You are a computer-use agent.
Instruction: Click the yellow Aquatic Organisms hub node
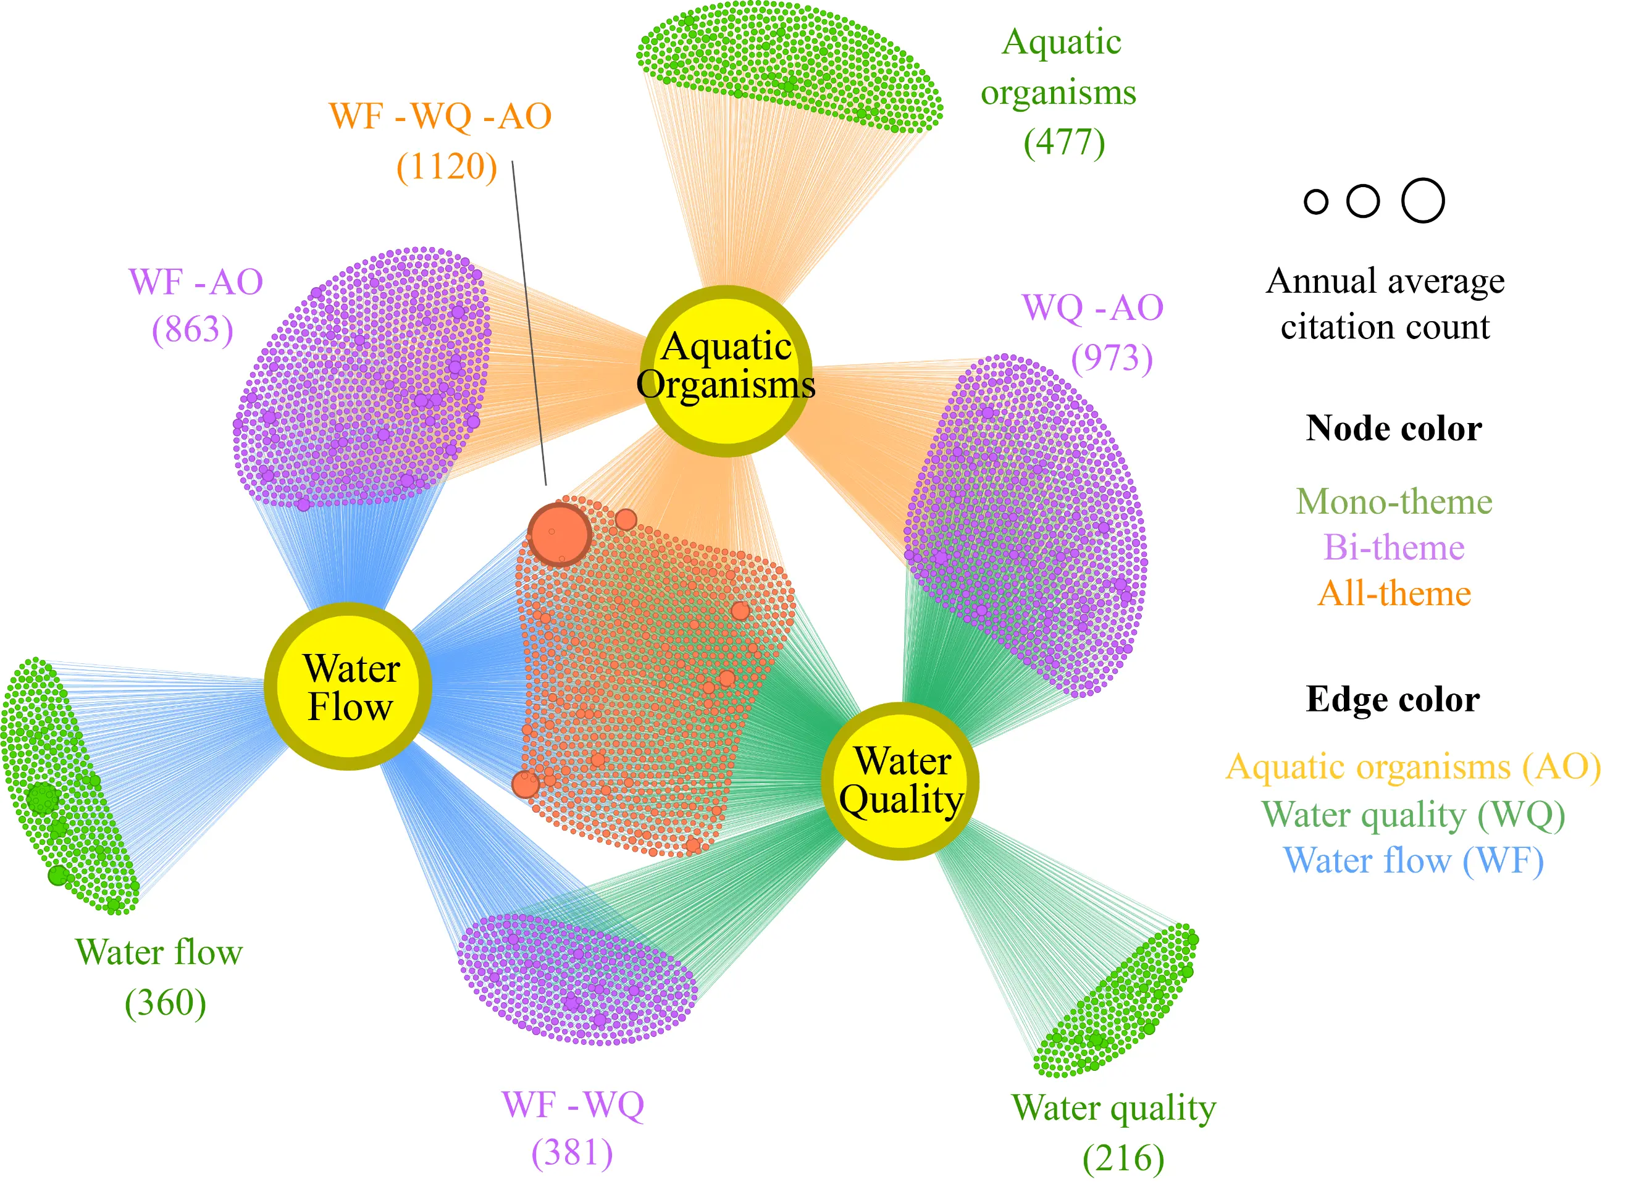click(726, 371)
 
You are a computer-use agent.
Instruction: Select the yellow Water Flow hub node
click(349, 687)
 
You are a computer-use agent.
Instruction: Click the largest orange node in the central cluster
click(560, 535)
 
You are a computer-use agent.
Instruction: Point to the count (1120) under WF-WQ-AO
click(447, 167)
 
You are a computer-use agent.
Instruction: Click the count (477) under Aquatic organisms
click(1064, 143)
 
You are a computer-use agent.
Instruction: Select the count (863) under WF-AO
click(193, 329)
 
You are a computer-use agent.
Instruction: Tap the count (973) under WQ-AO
click(1112, 358)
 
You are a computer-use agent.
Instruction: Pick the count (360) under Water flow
click(166, 1002)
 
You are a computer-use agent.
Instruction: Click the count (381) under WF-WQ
click(572, 1152)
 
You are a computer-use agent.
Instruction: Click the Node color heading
click(1394, 429)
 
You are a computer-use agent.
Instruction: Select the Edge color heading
click(1393, 700)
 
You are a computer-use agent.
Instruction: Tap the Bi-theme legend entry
click(1394, 547)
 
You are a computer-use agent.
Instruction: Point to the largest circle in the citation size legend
click(1423, 201)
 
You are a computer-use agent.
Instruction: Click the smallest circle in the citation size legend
click(1316, 202)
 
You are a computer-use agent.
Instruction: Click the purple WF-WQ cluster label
click(572, 1104)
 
